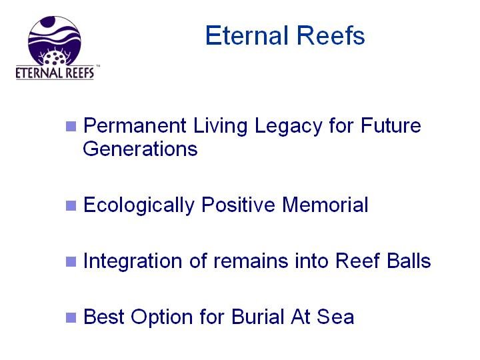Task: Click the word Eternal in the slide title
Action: [247, 35]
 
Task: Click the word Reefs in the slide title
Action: [331, 35]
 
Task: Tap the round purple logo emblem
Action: [55, 41]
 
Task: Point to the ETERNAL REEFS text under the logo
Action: [55, 73]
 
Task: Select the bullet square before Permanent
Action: [71, 126]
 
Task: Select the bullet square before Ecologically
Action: [71, 205]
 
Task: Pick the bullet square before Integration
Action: [71, 261]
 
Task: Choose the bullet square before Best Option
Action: [71, 317]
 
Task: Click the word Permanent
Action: [135, 125]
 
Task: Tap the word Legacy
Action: [289, 127]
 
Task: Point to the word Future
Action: [391, 125]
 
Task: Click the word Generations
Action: [140, 149]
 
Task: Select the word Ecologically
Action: [139, 206]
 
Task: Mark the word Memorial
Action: [325, 205]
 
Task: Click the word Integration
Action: [133, 261]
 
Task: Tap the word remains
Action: [251, 261]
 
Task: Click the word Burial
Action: [258, 317]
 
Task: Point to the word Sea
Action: [335, 317]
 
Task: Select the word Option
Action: [161, 317]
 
